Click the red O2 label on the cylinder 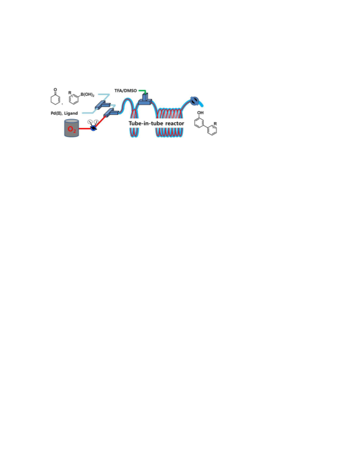pos(71,129)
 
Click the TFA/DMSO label pos(126,90)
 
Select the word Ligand pos(71,113)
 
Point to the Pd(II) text pos(56,113)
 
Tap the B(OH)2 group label pos(87,95)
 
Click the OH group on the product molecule pos(200,113)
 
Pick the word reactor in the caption pos(175,123)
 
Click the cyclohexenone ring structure pos(55,98)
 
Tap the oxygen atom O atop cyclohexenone pos(55,90)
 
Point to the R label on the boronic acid pos(70,93)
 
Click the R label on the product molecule pos(215,124)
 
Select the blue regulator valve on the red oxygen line pos(93,128)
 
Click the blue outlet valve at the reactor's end pos(194,101)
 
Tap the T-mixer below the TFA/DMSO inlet pos(145,99)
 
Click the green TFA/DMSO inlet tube pos(142,91)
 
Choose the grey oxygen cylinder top pos(71,121)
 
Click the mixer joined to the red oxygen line pos(111,113)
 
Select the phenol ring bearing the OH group pos(199,122)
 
